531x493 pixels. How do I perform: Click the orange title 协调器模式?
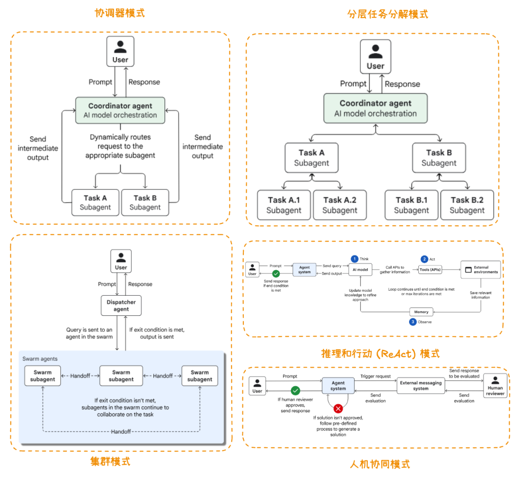coord(119,13)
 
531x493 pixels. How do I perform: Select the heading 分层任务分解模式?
coord(387,14)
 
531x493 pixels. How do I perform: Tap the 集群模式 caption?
coord(110,462)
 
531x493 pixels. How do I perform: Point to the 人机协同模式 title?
coord(380,464)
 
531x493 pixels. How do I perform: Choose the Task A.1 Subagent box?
coord(284,205)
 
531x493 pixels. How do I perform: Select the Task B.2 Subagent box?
coord(467,205)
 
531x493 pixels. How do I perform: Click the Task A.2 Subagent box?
coord(340,205)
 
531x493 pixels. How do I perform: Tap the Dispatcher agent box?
coord(121,306)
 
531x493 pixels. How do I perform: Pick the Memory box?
coord(421,312)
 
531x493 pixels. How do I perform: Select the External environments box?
coord(480,270)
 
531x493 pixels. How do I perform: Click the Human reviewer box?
coord(495,385)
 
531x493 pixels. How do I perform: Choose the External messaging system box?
coord(420,385)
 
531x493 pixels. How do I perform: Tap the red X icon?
coord(338,408)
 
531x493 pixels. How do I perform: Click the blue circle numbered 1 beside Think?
coord(354,259)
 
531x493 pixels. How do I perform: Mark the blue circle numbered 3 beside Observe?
coord(413,322)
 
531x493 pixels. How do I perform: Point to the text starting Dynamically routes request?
coord(120,146)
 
